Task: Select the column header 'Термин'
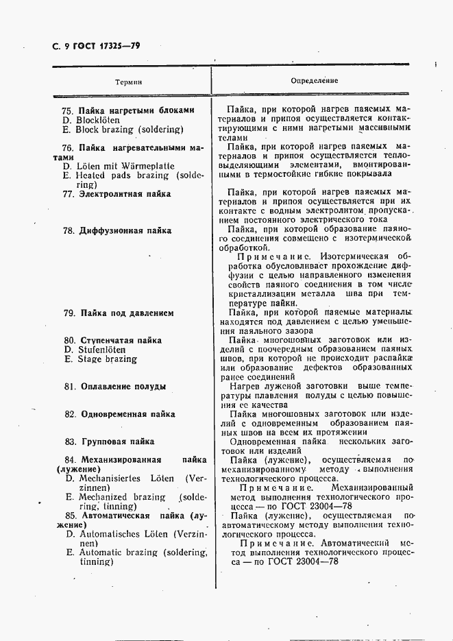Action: [x=128, y=81]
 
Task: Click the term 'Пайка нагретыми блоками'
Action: [x=136, y=110]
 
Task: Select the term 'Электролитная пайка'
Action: [x=125, y=194]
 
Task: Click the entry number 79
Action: [x=68, y=313]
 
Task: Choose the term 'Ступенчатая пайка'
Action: [x=121, y=340]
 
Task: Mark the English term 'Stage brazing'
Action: [x=99, y=359]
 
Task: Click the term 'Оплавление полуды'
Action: [x=123, y=387]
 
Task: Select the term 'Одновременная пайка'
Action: [x=128, y=414]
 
